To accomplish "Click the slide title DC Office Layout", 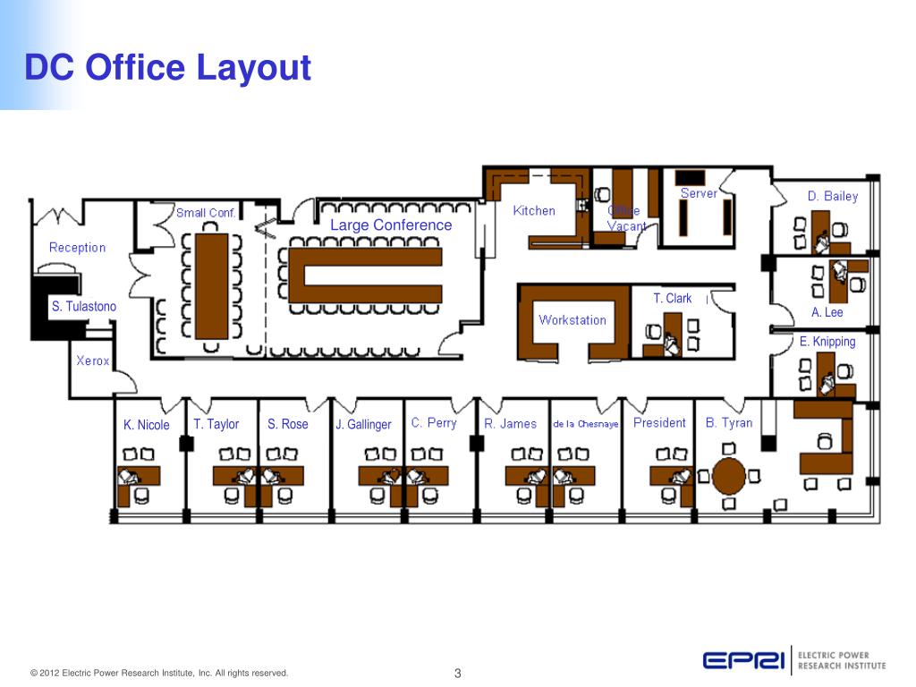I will pyautogui.click(x=167, y=67).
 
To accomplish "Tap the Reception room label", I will pyautogui.click(x=77, y=248).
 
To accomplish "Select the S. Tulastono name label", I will pyautogui.click(x=83, y=307).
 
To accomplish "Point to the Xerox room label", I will pyautogui.click(x=93, y=360).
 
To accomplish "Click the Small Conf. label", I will pyautogui.click(x=206, y=213).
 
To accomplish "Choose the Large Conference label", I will pyautogui.click(x=391, y=225).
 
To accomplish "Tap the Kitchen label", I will pyautogui.click(x=534, y=211).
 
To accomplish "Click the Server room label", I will pyautogui.click(x=699, y=193).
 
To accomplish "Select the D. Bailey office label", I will pyautogui.click(x=832, y=196).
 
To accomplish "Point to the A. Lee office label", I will pyautogui.click(x=827, y=312).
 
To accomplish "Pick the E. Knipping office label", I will pyautogui.click(x=827, y=341).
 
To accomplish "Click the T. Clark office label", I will pyautogui.click(x=673, y=299).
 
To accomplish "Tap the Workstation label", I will pyautogui.click(x=572, y=319).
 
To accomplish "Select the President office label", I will pyautogui.click(x=659, y=422).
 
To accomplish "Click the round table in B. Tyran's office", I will pyautogui.click(x=728, y=475).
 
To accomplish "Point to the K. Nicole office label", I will pyautogui.click(x=147, y=425).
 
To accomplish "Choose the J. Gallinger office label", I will pyautogui.click(x=363, y=425).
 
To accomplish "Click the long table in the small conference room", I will pyautogui.click(x=212, y=285).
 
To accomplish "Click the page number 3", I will pyautogui.click(x=457, y=673).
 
